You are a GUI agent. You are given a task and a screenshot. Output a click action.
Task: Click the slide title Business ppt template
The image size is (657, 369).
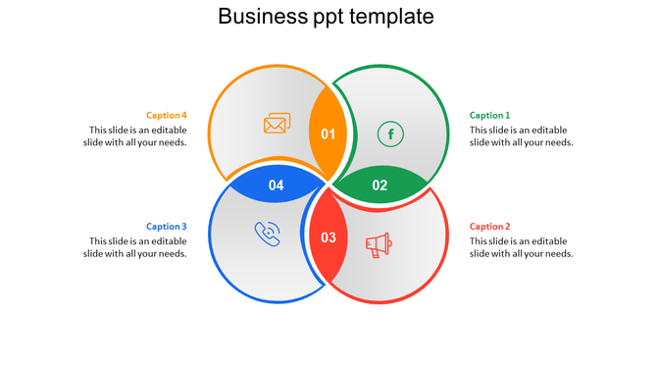pyautogui.click(x=326, y=17)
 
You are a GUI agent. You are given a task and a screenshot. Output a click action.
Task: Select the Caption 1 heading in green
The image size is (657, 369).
pyautogui.click(x=489, y=115)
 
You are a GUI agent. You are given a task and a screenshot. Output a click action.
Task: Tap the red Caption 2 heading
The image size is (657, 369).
pyautogui.click(x=489, y=227)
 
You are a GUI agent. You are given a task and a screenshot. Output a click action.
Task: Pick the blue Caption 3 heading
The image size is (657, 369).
pyautogui.click(x=167, y=227)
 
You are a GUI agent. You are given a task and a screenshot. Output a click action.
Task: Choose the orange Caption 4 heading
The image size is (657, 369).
pyautogui.click(x=167, y=115)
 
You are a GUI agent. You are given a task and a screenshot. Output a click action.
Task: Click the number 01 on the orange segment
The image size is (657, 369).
pyautogui.click(x=328, y=134)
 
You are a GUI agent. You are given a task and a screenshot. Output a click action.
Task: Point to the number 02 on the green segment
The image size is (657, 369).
pyautogui.click(x=379, y=184)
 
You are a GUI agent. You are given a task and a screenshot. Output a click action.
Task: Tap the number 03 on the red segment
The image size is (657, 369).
pyautogui.click(x=328, y=237)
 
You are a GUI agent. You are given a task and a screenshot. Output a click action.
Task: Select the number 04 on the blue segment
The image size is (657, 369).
pyautogui.click(x=277, y=184)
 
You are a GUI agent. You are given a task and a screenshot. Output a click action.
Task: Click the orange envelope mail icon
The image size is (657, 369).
pyautogui.click(x=278, y=125)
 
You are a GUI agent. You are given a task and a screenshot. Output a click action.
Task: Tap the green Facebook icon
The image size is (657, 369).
pyautogui.click(x=390, y=133)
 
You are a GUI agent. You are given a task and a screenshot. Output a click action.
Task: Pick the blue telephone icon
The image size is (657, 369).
pyautogui.click(x=267, y=234)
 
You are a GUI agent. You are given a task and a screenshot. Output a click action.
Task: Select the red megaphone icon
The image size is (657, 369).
pyautogui.click(x=379, y=244)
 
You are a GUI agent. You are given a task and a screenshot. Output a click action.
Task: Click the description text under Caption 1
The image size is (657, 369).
pyautogui.click(x=521, y=136)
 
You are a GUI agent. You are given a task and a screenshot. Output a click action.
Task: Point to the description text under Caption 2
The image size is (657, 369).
pyautogui.click(x=521, y=247)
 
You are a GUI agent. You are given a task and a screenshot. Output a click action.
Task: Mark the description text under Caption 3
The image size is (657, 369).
pyautogui.click(x=135, y=247)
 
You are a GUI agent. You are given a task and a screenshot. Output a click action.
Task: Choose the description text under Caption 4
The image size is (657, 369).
pyautogui.click(x=135, y=136)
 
